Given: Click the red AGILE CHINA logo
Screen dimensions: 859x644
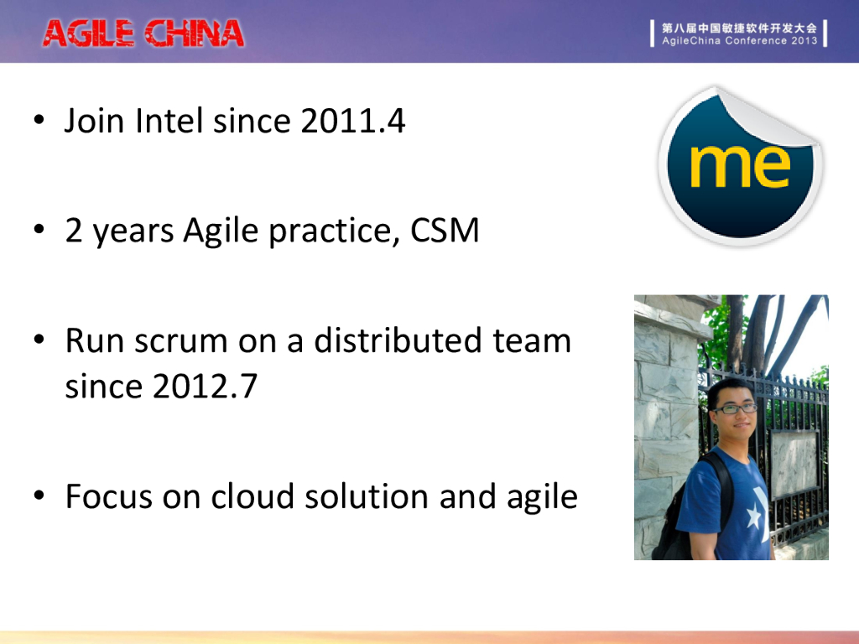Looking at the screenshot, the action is [x=143, y=34].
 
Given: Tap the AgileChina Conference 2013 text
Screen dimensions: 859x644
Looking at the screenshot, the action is [x=739, y=40].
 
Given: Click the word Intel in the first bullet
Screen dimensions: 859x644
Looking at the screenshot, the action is [x=169, y=121].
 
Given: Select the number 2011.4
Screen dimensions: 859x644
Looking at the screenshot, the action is [x=353, y=121].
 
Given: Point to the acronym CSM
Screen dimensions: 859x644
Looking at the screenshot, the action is [x=445, y=230].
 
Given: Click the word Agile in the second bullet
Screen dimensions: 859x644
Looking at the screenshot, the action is [x=221, y=231].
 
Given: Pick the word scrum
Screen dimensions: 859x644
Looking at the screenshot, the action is [x=181, y=341].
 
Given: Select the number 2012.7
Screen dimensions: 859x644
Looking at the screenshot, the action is [x=205, y=386].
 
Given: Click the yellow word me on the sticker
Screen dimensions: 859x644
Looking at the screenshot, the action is [x=740, y=166].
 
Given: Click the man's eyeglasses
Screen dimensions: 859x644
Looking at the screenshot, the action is [x=733, y=408].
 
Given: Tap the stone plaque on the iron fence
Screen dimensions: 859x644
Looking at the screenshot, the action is [x=794, y=462].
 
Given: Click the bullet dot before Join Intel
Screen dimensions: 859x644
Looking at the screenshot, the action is [x=39, y=119].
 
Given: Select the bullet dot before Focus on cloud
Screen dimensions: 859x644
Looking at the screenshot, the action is [x=39, y=495].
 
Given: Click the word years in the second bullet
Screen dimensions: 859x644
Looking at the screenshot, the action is [x=133, y=232].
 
